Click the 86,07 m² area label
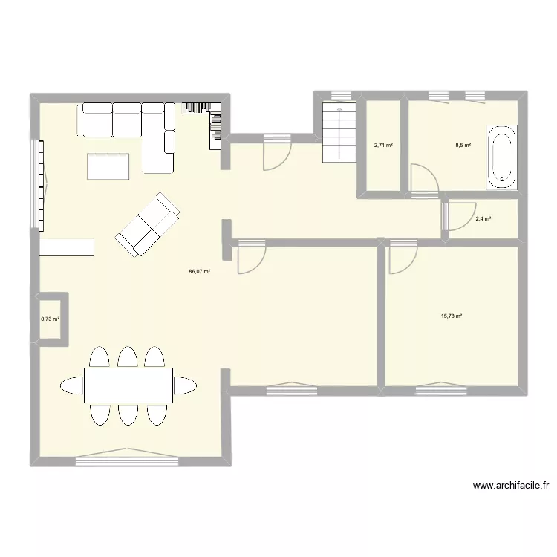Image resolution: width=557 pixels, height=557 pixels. (x=200, y=272)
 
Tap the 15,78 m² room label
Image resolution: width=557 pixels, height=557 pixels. (x=452, y=316)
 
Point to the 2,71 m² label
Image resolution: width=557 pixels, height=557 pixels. (x=383, y=146)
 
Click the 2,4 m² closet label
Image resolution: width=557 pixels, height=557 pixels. (x=484, y=219)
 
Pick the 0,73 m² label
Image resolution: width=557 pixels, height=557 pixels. (x=50, y=319)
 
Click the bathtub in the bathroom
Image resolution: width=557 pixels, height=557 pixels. (x=501, y=157)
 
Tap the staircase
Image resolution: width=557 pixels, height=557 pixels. (x=339, y=134)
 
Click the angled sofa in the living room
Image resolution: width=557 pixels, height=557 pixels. (x=149, y=225)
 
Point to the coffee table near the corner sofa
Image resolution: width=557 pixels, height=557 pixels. (x=108, y=166)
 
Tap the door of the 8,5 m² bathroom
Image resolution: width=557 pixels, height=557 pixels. (x=424, y=183)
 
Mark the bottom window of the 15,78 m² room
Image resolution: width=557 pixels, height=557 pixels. (x=442, y=385)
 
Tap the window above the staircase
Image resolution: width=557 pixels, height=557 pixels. (x=340, y=94)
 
